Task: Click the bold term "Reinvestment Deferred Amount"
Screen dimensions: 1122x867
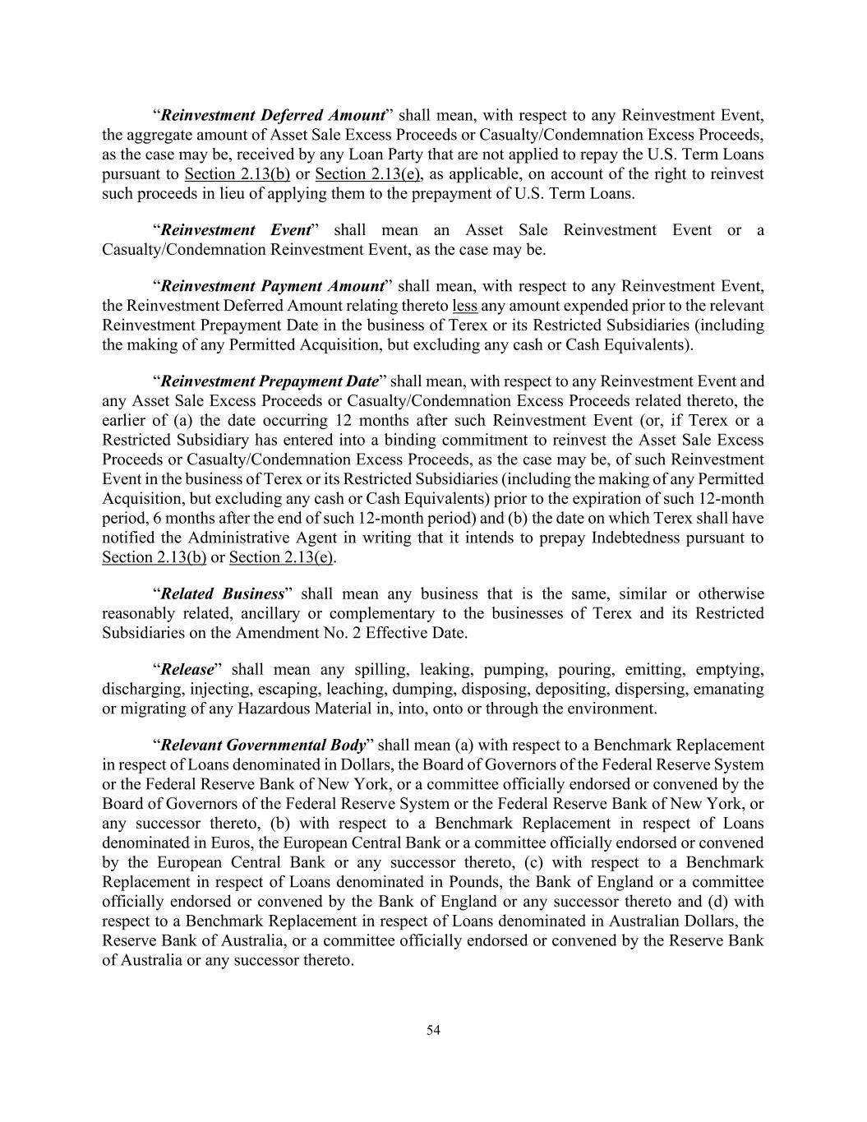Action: (x=273, y=114)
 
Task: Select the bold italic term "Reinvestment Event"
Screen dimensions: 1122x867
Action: (x=235, y=229)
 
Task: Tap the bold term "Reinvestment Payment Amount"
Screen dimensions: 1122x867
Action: (x=272, y=286)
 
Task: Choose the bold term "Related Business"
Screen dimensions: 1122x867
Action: (x=222, y=593)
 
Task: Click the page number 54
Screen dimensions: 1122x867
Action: (x=433, y=1030)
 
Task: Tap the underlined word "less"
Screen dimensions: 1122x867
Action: (x=465, y=306)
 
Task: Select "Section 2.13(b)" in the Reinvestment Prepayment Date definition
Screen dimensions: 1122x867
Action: (x=154, y=558)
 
